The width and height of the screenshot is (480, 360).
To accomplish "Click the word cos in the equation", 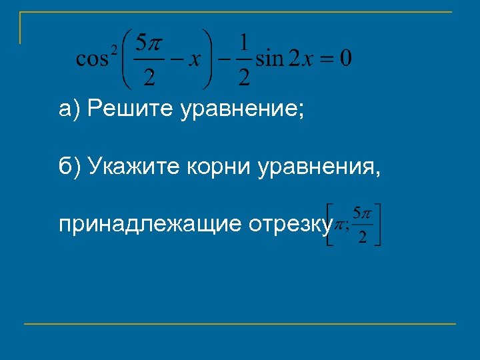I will click(x=91, y=59).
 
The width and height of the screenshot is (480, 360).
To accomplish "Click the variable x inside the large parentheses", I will click(x=193, y=59).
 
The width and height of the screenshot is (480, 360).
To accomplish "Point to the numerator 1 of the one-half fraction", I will click(x=244, y=43).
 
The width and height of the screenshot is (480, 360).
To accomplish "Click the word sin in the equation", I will click(x=269, y=59).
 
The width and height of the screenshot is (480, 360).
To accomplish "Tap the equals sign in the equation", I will click(x=323, y=59).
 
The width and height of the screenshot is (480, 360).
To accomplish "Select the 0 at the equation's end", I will click(x=345, y=59).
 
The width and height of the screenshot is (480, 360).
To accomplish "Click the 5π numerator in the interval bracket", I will click(x=362, y=213).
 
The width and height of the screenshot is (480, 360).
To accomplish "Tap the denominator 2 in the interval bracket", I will click(x=362, y=238).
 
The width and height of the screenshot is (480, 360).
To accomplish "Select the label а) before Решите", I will click(x=69, y=108).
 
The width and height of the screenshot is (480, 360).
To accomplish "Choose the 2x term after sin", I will click(x=298, y=59).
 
